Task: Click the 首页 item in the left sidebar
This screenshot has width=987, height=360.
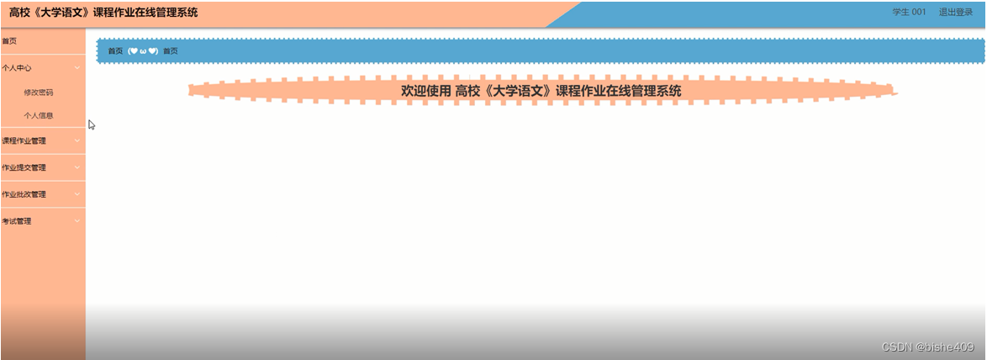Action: click(x=9, y=41)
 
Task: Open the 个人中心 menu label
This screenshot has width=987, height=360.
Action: click(x=17, y=68)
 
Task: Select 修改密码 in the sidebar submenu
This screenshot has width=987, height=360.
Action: click(x=39, y=93)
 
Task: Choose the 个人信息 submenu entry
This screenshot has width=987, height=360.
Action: click(x=39, y=116)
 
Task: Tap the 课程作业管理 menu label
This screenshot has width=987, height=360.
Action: click(x=24, y=140)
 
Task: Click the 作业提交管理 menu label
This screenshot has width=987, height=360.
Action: click(x=24, y=167)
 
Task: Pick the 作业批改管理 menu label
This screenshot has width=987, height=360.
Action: click(x=24, y=194)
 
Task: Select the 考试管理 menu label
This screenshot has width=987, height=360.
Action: click(x=17, y=221)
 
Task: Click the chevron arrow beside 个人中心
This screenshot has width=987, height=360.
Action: click(x=77, y=68)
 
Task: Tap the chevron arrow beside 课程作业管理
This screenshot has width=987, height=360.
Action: click(x=77, y=140)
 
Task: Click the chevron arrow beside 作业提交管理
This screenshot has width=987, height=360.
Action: click(x=77, y=167)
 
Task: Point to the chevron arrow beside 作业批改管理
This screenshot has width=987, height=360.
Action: click(x=77, y=194)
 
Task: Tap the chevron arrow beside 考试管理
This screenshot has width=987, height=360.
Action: click(x=77, y=221)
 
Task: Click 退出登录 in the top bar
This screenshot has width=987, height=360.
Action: click(x=955, y=13)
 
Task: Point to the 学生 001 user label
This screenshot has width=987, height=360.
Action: click(x=909, y=13)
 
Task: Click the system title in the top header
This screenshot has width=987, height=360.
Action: click(x=104, y=13)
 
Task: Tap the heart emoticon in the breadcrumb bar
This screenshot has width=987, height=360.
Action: click(x=143, y=51)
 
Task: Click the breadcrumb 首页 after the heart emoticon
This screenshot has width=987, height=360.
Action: click(x=171, y=51)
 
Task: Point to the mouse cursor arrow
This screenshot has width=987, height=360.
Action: click(x=91, y=124)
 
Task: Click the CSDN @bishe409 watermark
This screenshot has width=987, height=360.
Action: click(x=928, y=347)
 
